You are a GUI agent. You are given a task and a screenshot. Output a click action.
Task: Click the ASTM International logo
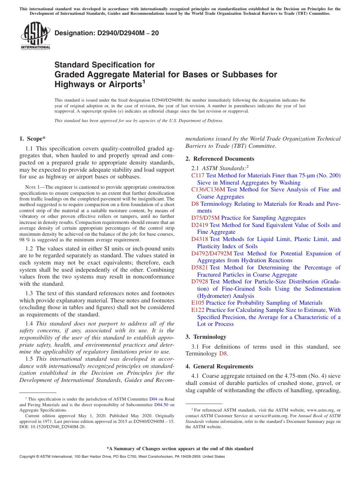35,36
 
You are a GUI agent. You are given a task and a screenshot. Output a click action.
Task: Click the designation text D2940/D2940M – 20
106,33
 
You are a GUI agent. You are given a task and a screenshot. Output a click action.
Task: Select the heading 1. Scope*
33,139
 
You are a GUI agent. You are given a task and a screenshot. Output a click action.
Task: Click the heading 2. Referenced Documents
220,159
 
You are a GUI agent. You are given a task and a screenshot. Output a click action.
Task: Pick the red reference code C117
198,175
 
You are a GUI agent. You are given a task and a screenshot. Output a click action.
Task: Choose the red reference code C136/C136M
208,189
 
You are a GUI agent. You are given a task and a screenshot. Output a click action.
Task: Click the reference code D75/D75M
205,218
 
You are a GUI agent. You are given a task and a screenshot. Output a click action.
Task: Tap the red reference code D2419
199,225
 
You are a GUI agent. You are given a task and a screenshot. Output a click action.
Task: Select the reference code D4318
199,239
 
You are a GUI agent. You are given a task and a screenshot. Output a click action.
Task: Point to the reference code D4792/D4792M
211,254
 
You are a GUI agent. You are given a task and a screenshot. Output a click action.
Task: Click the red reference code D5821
199,268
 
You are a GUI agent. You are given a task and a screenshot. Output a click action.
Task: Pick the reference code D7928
199,282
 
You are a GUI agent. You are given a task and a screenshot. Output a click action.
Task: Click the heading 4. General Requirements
223,366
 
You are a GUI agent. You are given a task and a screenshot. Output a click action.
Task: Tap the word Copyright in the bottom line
28,457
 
